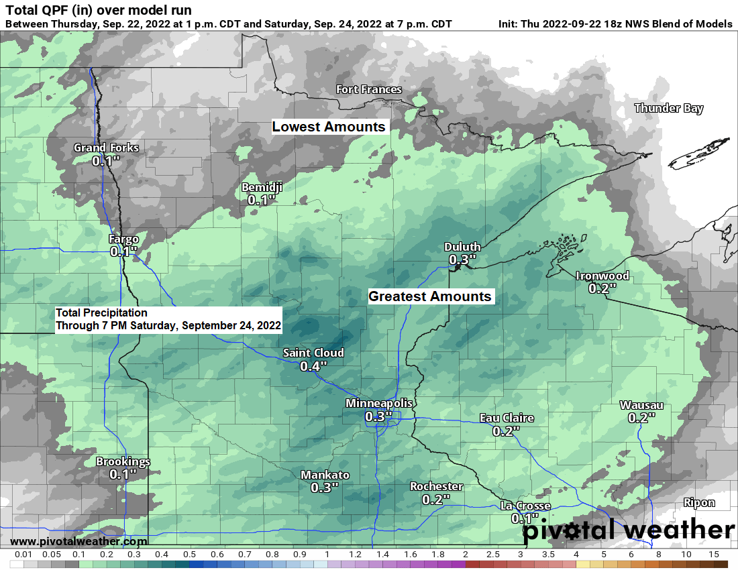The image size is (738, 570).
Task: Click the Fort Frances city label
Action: coord(369,90)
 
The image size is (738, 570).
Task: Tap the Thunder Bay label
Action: coord(668,108)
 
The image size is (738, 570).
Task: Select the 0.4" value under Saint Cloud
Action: coord(313,366)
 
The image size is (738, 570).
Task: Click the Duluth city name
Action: coord(462,247)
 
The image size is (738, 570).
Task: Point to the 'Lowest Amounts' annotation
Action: coord(329,127)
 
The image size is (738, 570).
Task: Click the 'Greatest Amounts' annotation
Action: coord(430,296)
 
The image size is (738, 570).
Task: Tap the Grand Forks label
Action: coord(106,148)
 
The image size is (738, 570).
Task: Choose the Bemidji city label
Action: coord(262,187)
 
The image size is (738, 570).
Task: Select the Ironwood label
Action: coord(602,276)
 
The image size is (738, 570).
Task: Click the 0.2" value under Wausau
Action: coord(641,418)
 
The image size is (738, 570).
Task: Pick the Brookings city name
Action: coord(123,461)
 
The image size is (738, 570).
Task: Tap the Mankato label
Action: coord(325,475)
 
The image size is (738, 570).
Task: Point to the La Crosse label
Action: coord(525,506)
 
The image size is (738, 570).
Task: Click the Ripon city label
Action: coord(699,502)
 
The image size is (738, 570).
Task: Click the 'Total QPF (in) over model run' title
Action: coord(98,10)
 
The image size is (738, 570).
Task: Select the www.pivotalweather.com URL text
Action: coord(78,541)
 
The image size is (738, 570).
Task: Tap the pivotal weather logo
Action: coord(629,530)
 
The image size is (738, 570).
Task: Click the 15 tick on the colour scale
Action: coord(713,555)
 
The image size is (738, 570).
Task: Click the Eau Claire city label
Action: coord(507,418)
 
